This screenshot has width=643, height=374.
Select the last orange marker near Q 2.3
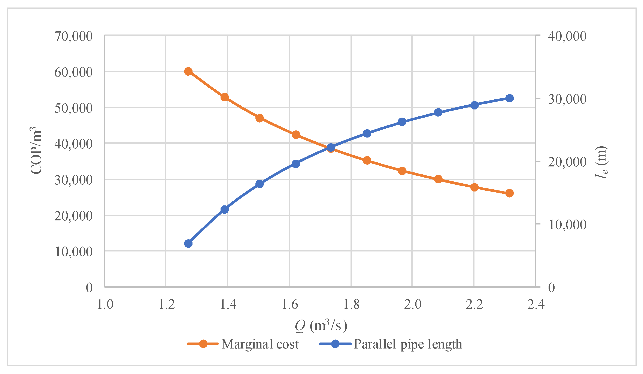(x=509, y=193)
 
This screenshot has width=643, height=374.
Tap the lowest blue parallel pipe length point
(x=188, y=244)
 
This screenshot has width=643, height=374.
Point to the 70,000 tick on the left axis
(x=73, y=36)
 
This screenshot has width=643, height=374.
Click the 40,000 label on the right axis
(x=567, y=36)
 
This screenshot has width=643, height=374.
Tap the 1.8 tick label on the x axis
(x=351, y=305)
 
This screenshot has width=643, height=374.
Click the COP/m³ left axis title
(x=36, y=151)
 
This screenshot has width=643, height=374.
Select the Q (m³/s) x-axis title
(x=321, y=326)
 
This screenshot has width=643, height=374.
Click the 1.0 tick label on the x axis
(x=105, y=305)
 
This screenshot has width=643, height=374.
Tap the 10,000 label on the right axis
(x=567, y=225)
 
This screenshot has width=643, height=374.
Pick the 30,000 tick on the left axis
(x=73, y=180)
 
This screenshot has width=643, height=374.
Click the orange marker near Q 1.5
(x=260, y=118)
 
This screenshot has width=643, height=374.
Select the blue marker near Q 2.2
(x=474, y=105)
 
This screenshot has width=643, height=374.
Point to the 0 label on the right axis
(x=552, y=288)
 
